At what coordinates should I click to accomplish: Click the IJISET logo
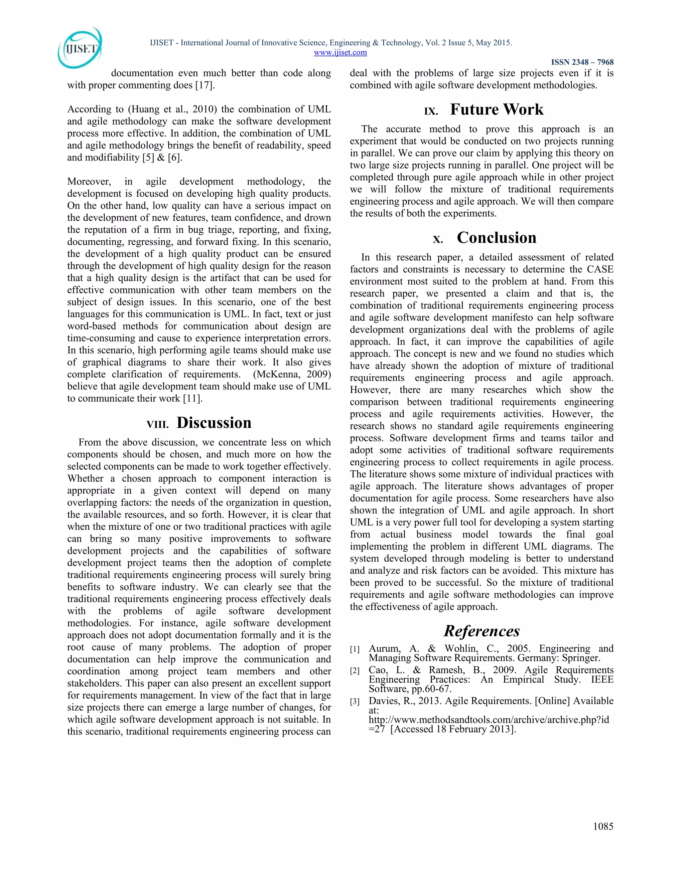click(79, 48)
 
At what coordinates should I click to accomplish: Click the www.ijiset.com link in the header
click(340, 52)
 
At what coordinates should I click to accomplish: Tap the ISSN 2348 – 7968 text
click(582, 62)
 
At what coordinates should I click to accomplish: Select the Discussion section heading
click(214, 422)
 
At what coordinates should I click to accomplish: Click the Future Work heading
click(497, 110)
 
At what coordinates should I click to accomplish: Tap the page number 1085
click(603, 826)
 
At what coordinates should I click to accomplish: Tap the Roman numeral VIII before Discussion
click(157, 424)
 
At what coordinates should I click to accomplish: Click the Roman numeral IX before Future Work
click(431, 111)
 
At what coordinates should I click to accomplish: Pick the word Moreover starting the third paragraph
click(89, 182)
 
